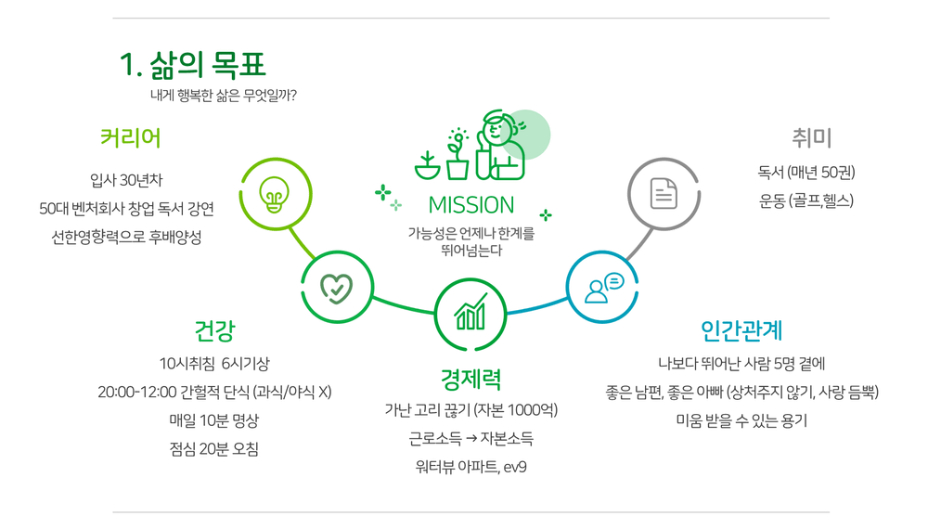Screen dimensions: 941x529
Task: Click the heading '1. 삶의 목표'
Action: click(192, 65)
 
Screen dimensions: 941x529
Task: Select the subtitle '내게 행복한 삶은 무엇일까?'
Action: click(224, 96)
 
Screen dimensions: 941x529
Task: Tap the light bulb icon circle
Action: click(276, 194)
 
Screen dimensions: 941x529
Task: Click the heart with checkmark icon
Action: click(337, 288)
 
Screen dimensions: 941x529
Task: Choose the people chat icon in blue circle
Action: click(603, 288)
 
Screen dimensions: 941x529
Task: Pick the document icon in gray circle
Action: click(664, 193)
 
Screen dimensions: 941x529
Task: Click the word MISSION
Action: click(471, 205)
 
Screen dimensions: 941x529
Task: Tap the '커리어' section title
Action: click(130, 138)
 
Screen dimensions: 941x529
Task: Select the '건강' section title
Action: click(214, 330)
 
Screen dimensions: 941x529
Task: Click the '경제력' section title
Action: click(470, 379)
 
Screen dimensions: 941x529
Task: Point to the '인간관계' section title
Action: click(741, 330)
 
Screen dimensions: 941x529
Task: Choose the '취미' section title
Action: click(811, 138)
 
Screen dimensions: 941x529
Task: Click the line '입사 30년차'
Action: click(126, 180)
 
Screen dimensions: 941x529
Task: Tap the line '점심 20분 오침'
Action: click(213, 449)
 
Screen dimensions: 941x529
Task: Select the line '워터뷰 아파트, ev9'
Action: click(470, 467)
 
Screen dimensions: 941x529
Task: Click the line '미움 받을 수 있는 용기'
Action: click(741, 421)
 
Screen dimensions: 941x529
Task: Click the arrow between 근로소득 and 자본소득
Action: click(470, 439)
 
